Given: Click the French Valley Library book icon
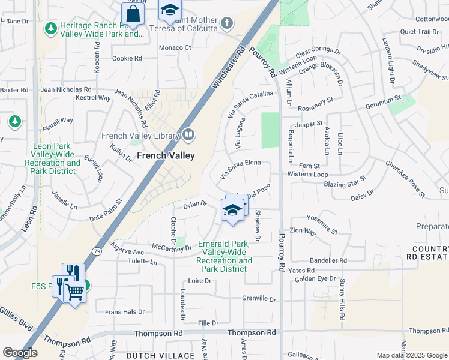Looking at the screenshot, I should click(188, 135).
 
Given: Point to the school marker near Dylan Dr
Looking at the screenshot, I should click(232, 210).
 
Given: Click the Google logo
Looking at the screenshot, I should click(19, 353).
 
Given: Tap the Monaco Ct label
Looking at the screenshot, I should click(175, 48).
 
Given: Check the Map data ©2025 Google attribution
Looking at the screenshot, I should click(412, 355).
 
